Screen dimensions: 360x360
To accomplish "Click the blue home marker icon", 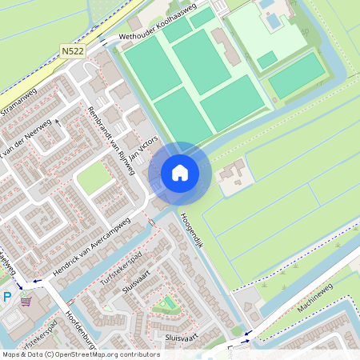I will coord(180,172).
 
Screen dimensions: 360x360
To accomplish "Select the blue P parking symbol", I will coord(7,298).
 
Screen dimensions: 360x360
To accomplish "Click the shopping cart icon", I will coord(26,302).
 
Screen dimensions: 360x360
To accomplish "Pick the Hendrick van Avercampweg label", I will coord(90,249).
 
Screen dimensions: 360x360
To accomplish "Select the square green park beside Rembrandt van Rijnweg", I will coord(94,179).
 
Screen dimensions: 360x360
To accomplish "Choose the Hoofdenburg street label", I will coord(80,328).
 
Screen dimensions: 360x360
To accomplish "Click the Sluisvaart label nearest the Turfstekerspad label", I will coord(137,286).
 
